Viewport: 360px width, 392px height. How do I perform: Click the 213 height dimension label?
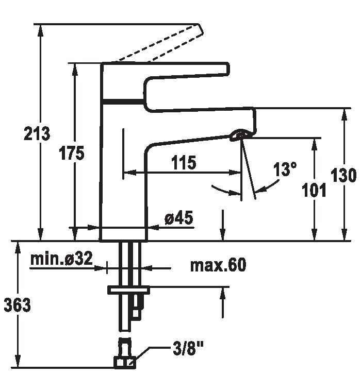pos(37,133)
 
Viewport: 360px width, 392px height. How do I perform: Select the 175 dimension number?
pos(72,153)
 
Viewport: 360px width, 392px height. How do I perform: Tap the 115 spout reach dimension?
pos(184,162)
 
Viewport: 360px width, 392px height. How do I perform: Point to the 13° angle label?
pos(285,169)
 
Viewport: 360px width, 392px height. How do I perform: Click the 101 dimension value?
pos(314,190)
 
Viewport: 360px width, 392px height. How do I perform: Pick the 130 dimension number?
pos(343,175)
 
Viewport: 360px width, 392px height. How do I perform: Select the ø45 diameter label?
pos(179,217)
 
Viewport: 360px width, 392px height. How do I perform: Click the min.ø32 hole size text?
pos(61,259)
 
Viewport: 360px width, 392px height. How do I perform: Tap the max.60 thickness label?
pos(218,265)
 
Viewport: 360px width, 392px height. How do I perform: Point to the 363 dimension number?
pos(17,305)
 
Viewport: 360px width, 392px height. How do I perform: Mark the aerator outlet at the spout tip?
pos(239,134)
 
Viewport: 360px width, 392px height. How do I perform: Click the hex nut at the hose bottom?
pos(125,362)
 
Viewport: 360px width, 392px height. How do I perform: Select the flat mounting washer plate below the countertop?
pos(128,290)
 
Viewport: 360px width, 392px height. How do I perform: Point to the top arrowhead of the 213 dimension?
pos(40,30)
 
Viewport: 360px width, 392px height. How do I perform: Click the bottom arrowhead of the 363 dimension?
pos(18,361)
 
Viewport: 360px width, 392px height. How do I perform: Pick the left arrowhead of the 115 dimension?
pos(129,172)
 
